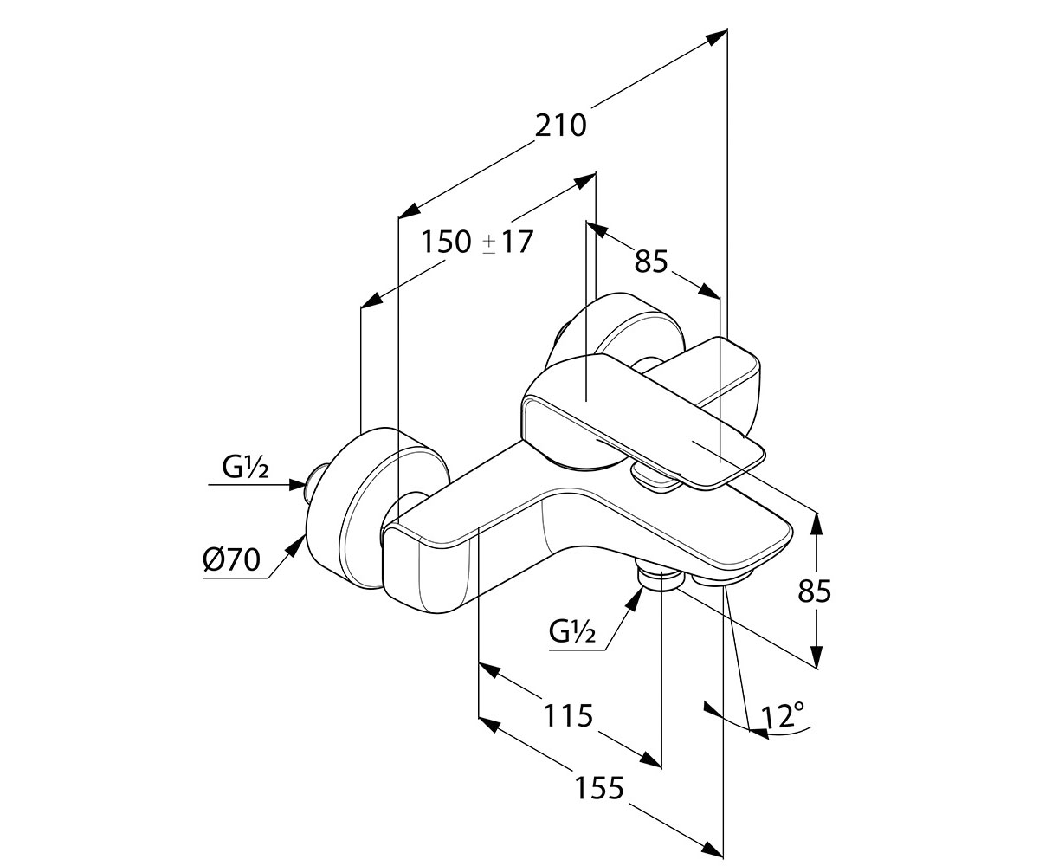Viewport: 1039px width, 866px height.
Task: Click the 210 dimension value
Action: tap(561, 126)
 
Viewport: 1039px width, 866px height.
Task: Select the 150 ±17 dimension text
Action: tap(477, 242)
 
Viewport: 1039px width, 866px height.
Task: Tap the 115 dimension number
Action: tap(568, 715)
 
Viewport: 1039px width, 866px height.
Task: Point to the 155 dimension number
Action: tap(599, 788)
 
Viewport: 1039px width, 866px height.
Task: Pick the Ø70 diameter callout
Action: tap(231, 559)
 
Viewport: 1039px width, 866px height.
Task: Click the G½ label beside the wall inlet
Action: tap(245, 468)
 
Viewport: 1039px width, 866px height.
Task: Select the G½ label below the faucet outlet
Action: tap(572, 632)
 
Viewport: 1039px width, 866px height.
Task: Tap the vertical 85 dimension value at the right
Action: tap(815, 591)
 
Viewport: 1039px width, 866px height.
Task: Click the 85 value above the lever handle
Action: tap(651, 261)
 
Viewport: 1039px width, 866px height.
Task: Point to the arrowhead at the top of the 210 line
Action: tap(717, 37)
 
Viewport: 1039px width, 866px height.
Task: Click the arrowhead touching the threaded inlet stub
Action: tap(297, 484)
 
